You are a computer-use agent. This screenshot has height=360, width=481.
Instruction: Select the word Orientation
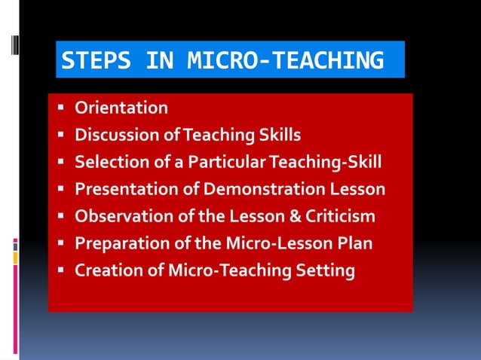coord(121,108)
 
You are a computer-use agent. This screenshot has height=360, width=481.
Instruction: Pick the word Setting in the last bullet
coord(326,270)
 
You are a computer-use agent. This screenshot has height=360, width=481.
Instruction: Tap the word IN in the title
coord(161,60)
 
